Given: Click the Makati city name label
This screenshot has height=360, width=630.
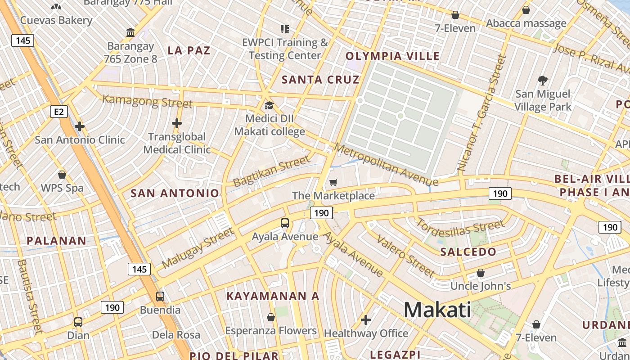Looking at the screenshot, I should pyautogui.click(x=437, y=310).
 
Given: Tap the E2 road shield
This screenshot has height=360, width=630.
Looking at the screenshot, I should pyautogui.click(x=59, y=111).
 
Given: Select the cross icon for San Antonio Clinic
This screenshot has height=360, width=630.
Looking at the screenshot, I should pyautogui.click(x=80, y=126).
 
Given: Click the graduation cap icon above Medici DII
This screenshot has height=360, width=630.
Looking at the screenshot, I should pyautogui.click(x=269, y=106).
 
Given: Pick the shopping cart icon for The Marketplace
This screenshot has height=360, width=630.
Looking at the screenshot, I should pyautogui.click(x=333, y=182).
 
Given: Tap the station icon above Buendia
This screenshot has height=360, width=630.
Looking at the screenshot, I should pyautogui.click(x=160, y=297).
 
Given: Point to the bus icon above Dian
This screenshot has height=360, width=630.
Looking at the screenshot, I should pyautogui.click(x=78, y=322).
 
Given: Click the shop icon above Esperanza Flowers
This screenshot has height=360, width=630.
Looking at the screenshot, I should pyautogui.click(x=271, y=318).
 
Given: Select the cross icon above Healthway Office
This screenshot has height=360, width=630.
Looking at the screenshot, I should pyautogui.click(x=366, y=320).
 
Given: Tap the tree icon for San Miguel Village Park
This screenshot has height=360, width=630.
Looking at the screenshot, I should pyautogui.click(x=543, y=81).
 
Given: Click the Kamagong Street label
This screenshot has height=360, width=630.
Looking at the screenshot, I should pyautogui.click(x=148, y=101).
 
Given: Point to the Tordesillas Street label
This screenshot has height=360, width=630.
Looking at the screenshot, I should pyautogui.click(x=460, y=228).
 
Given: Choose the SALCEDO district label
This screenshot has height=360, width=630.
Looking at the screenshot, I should pyautogui.click(x=468, y=252).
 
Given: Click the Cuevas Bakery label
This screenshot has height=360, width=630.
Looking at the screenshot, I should pyautogui.click(x=56, y=20).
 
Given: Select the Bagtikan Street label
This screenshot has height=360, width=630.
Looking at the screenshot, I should pyautogui.click(x=272, y=171).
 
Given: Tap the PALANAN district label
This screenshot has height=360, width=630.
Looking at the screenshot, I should pyautogui.click(x=56, y=241).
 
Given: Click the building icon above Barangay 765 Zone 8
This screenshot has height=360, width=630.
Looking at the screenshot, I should pyautogui.click(x=130, y=33).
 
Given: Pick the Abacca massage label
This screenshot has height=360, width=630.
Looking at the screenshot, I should pyautogui.click(x=526, y=23).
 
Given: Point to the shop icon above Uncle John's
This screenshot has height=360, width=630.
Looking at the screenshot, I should pyautogui.click(x=481, y=273).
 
